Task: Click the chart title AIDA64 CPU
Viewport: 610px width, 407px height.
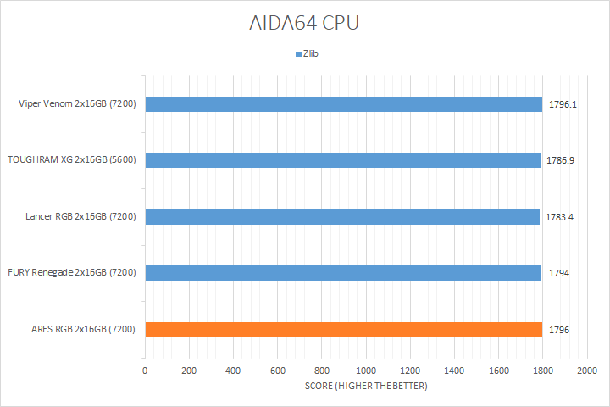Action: [305, 22]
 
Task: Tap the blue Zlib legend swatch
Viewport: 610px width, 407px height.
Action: [298, 53]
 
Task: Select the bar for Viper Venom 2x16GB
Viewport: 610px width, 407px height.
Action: [343, 104]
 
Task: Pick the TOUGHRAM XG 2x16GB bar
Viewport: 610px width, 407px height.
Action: [342, 160]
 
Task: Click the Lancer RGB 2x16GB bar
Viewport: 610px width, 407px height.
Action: [342, 216]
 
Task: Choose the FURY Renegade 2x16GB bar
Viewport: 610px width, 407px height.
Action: [343, 273]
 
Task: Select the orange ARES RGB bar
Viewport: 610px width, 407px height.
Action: [343, 329]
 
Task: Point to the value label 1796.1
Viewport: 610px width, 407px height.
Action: [563, 104]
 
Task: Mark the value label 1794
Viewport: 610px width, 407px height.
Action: [558, 273]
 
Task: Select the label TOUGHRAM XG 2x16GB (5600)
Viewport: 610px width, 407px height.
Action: [73, 160]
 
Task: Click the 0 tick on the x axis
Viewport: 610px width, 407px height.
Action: [145, 371]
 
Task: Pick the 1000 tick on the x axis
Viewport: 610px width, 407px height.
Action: [366, 371]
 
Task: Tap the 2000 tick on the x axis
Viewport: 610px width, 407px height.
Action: [586, 371]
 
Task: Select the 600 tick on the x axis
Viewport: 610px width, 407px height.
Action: [278, 371]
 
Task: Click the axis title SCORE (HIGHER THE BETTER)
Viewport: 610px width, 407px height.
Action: [366, 387]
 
